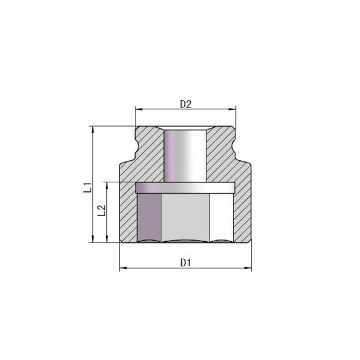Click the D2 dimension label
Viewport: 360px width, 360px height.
[x=185, y=103]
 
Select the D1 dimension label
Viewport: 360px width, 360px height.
[x=185, y=262]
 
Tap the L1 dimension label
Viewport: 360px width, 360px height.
[x=88, y=186]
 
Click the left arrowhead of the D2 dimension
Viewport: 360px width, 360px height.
[x=138, y=109]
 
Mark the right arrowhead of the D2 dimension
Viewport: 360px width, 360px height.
[x=233, y=109]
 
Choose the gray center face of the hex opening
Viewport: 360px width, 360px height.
[x=185, y=217]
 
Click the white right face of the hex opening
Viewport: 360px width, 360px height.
[x=221, y=217]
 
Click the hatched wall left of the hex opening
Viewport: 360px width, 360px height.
[x=128, y=213]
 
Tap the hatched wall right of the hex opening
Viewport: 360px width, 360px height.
[x=242, y=213]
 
